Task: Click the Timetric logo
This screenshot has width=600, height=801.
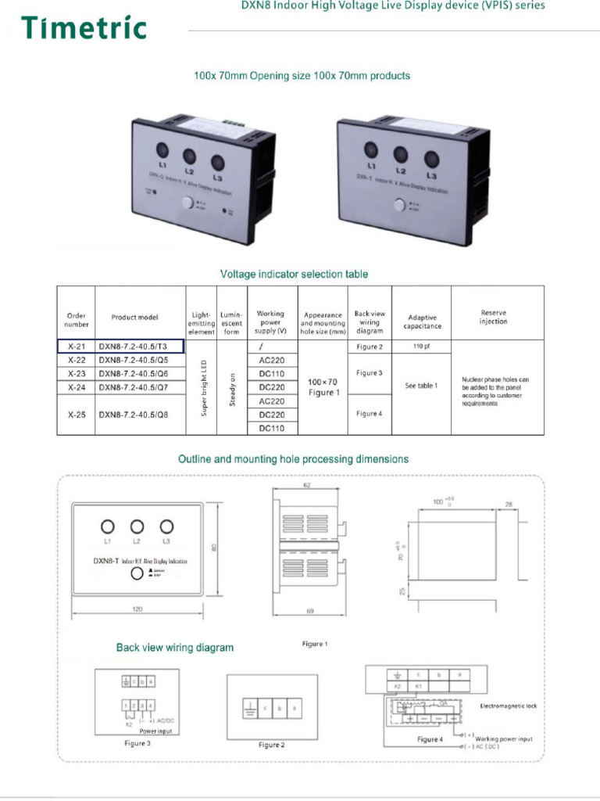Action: tap(84, 28)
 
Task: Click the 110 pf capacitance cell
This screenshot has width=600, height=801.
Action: tap(421, 346)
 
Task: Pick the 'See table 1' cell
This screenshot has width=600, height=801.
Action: tap(421, 386)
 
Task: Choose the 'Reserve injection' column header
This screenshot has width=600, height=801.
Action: tap(493, 317)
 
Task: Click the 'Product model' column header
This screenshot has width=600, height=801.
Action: tap(134, 318)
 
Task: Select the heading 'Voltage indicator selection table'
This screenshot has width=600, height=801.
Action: tap(294, 275)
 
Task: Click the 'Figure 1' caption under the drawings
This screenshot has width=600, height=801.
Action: tap(315, 644)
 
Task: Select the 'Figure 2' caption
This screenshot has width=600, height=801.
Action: tap(272, 745)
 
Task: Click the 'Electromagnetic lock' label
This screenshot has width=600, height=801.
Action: tap(509, 706)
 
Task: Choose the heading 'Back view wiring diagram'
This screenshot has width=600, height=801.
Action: tap(175, 648)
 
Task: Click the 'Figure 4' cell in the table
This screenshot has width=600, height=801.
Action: tap(370, 413)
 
